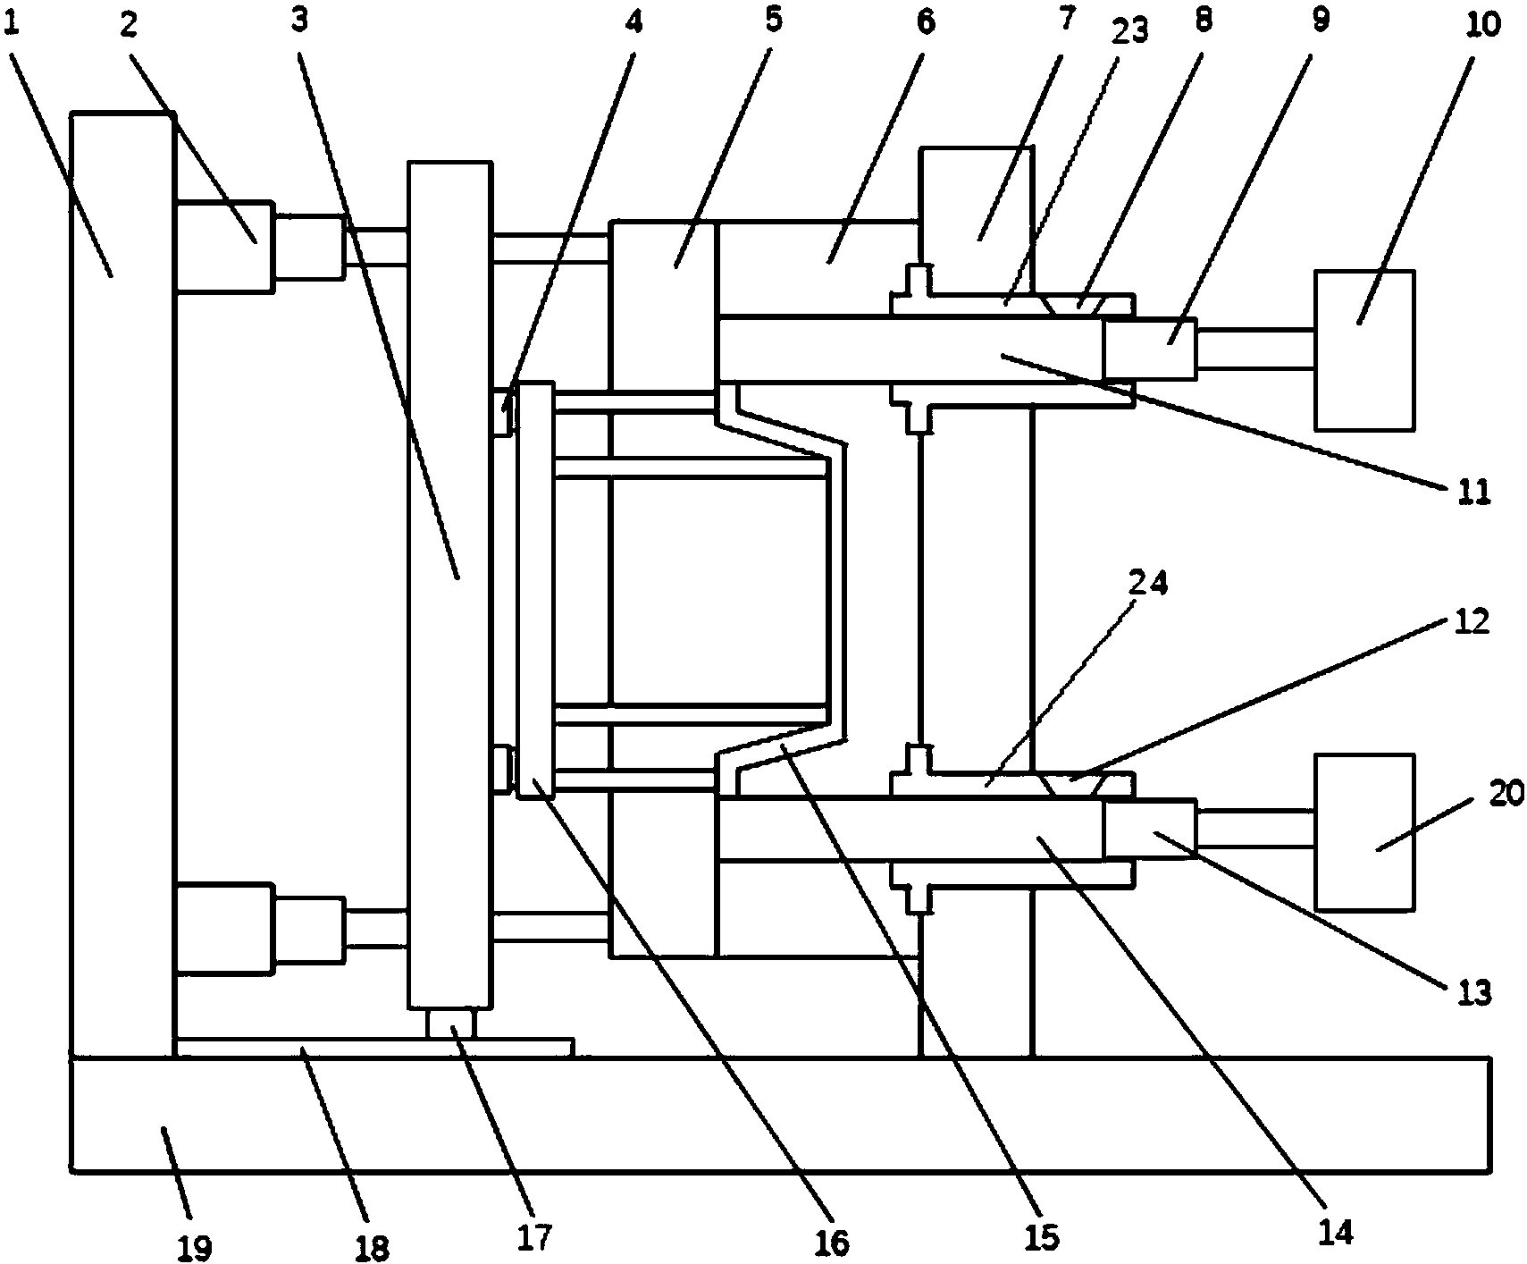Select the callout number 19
195,1248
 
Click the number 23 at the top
1129,32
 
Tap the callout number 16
832,1241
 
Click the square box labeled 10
1363,350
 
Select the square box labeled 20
1363,832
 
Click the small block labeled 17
451,1024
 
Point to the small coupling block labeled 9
1148,350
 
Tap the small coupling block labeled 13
1148,830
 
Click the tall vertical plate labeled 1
122,585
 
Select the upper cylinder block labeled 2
224,246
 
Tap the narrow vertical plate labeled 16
536,590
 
